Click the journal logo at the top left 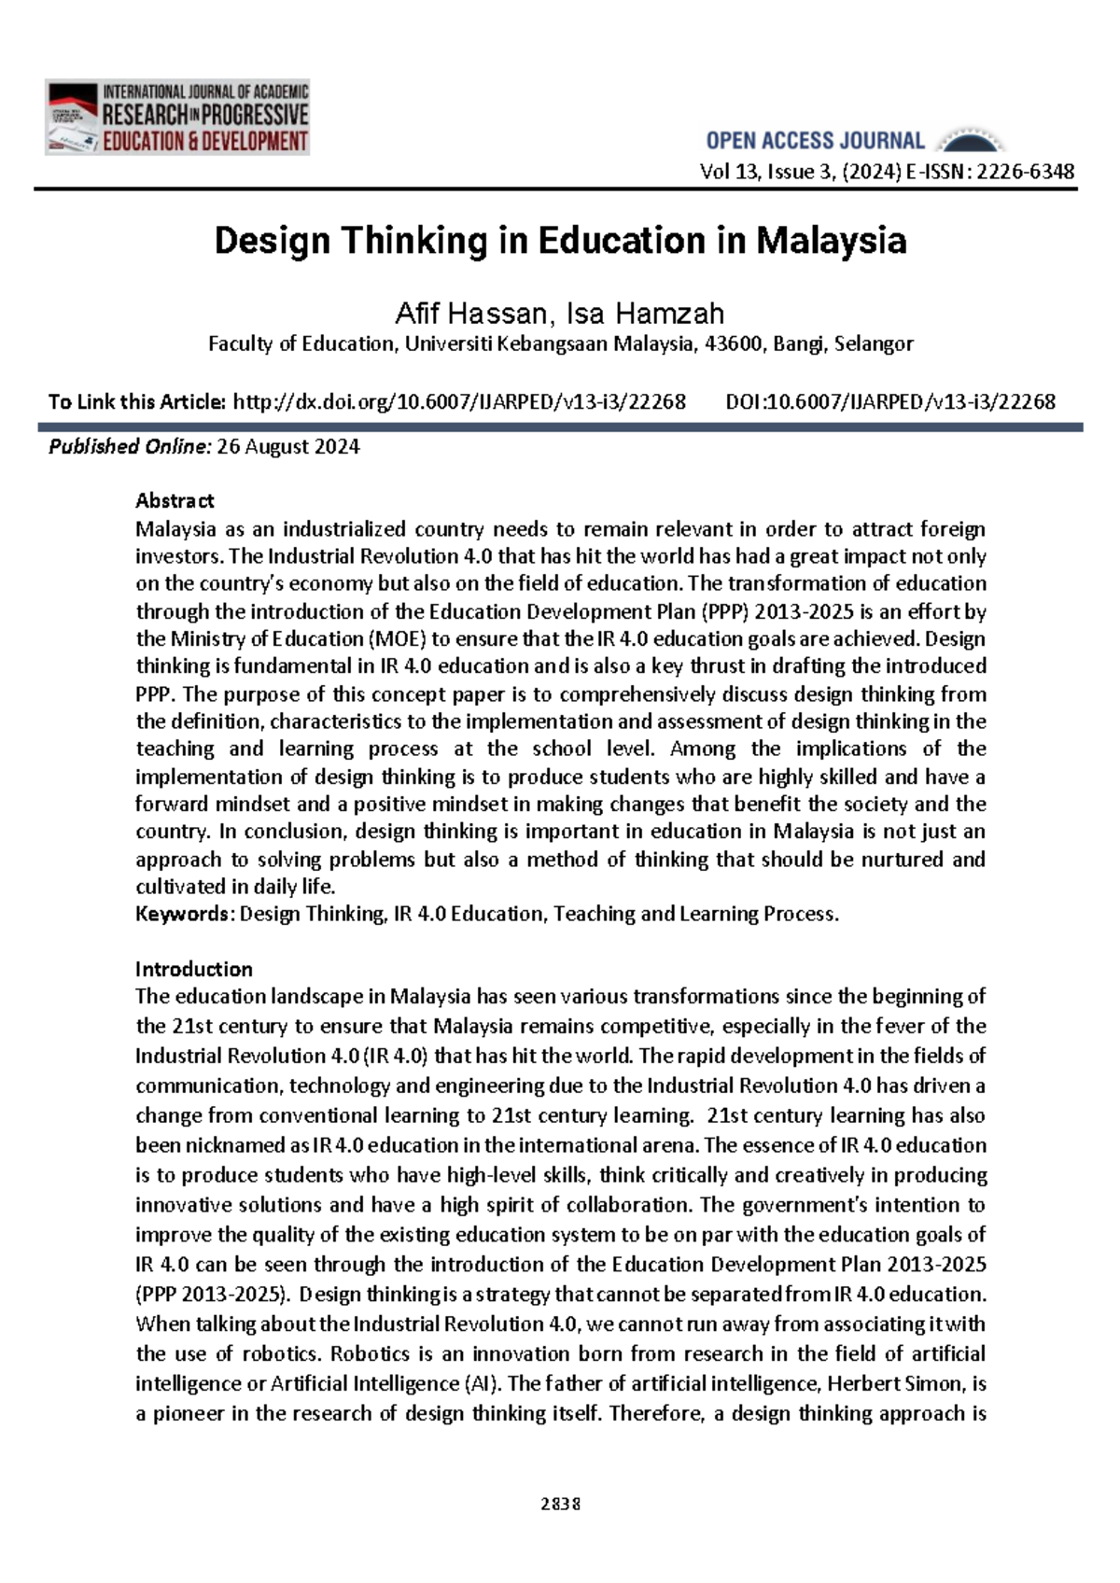pos(176,118)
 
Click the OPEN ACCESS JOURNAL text pos(815,141)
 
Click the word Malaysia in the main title pos(831,241)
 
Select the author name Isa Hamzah pos(645,314)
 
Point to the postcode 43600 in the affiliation pos(733,343)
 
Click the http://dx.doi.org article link pos(458,402)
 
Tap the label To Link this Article pos(137,402)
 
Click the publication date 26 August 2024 pos(287,447)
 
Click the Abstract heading pos(175,501)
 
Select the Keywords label pos(182,914)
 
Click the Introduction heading pos(194,969)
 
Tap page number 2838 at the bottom pos(560,1504)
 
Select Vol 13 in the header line pos(729,172)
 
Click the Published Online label pos(130,447)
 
